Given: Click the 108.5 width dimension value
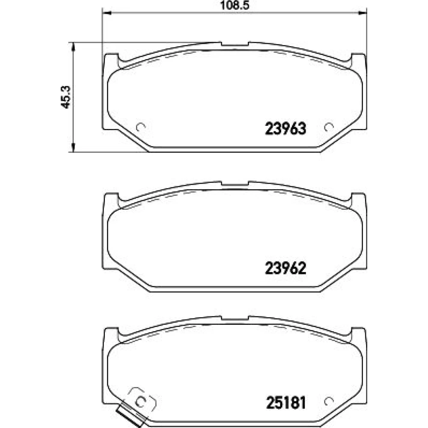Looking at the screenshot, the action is pos(235,5).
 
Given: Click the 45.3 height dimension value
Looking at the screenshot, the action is pos(66,97).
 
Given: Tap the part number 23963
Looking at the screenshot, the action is pos(285,128).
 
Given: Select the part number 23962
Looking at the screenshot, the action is pos(285,268).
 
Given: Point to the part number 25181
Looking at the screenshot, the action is pos(286,403).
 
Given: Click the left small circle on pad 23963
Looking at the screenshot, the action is pos(141,127).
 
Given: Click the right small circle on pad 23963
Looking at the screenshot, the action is pos(329,127).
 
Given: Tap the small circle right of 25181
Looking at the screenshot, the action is pos(329,401).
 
